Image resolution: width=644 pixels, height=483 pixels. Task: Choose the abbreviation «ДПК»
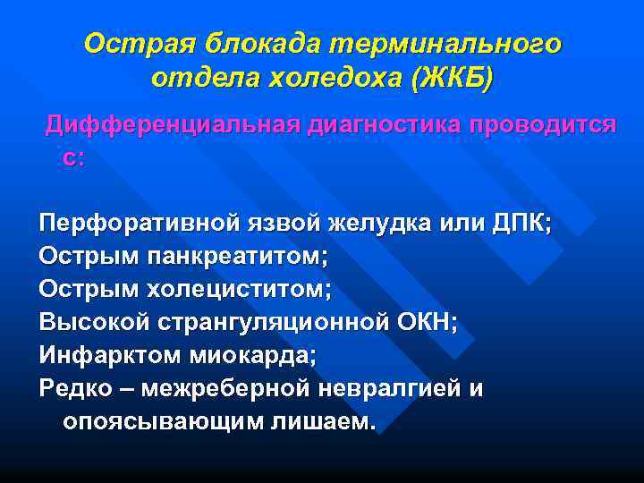(x=520, y=222)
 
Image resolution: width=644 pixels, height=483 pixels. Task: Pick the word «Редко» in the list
(x=72, y=389)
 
